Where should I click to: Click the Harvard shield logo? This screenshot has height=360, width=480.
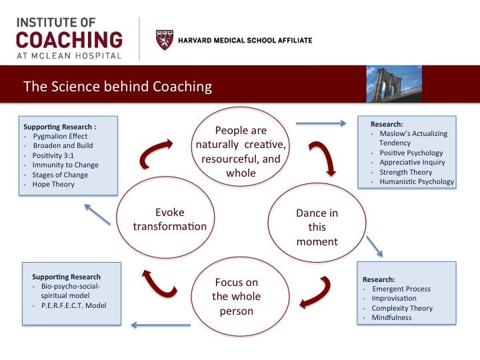[x=165, y=40]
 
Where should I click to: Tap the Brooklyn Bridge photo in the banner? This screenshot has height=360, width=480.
[x=394, y=84]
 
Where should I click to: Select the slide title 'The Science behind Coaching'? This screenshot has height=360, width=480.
[x=117, y=86]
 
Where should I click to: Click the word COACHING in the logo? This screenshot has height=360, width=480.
[x=69, y=39]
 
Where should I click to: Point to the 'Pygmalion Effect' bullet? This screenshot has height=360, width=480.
[x=60, y=136]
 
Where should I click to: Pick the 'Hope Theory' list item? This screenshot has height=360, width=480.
[x=53, y=184]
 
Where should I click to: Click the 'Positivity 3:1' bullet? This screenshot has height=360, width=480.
[x=53, y=155]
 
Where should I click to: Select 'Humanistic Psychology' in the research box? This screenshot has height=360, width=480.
[x=417, y=181]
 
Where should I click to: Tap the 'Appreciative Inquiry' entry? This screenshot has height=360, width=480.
[x=412, y=162]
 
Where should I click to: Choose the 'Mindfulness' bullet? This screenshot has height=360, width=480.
[x=391, y=317]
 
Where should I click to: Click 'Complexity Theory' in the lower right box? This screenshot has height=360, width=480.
[x=402, y=308]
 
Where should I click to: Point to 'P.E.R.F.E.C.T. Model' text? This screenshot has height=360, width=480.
[x=73, y=305]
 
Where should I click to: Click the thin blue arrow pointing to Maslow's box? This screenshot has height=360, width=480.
[x=321, y=123]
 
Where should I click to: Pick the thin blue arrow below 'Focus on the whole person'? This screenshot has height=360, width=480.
[x=161, y=325]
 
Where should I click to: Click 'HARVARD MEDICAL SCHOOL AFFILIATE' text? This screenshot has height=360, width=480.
[x=245, y=41]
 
